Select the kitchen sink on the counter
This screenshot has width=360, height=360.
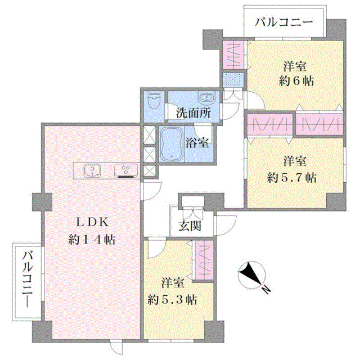click(92, 171)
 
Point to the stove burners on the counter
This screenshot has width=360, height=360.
click(126, 171)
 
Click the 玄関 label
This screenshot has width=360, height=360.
click(190, 226)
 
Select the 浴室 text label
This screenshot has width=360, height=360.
click(197, 143)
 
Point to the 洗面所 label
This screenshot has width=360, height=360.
click(193, 113)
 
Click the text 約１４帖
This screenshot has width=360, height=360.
click(92, 240)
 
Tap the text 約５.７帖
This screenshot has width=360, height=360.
click(292, 178)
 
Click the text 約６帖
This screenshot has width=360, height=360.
click(296, 81)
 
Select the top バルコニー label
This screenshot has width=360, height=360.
click(283, 22)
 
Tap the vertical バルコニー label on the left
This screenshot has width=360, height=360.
click(28, 279)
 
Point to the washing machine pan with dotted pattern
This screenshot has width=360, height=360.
click(233, 80)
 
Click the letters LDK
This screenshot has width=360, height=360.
click(92, 222)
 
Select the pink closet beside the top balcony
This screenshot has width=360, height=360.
click(233, 55)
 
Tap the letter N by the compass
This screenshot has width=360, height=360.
click(266, 290)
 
